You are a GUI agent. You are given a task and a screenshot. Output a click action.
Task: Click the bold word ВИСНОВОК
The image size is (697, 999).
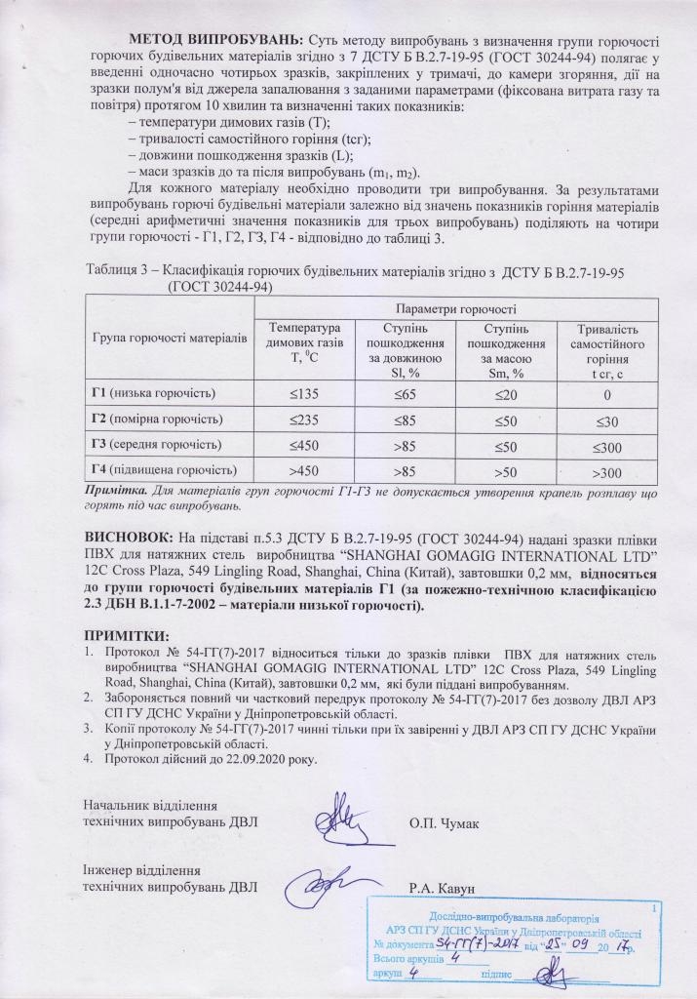[x=131, y=539]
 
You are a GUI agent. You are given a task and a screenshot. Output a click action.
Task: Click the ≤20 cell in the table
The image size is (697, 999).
[x=506, y=393]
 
